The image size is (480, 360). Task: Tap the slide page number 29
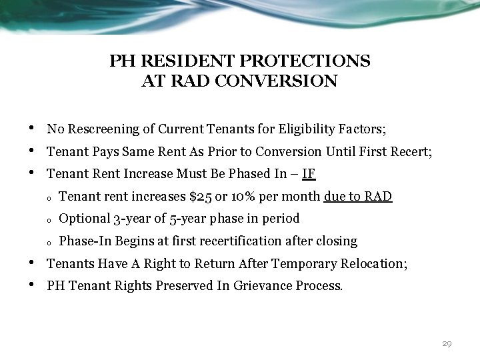(447, 344)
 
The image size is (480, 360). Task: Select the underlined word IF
(308, 175)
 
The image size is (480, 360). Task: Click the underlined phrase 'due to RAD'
(358, 197)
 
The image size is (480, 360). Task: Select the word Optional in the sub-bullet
(85, 219)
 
